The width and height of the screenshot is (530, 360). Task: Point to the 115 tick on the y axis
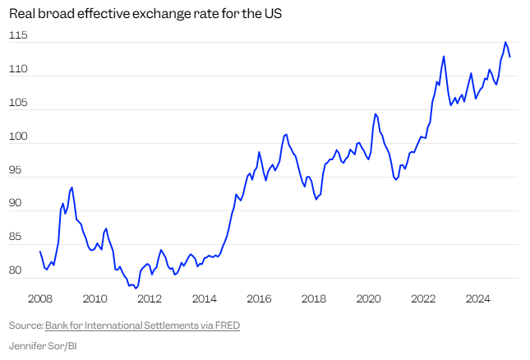tap(18, 36)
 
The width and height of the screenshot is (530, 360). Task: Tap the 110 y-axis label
tap(18, 70)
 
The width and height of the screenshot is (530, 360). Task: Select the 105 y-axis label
tap(18, 104)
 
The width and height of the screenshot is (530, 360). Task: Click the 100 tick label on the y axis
tap(18, 137)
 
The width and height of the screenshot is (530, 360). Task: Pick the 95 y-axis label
tap(19, 171)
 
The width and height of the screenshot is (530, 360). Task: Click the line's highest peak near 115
tap(505, 42)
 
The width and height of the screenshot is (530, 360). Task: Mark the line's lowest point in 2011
tap(136, 288)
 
